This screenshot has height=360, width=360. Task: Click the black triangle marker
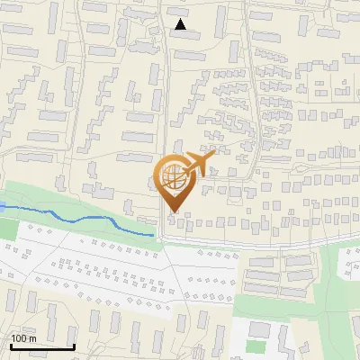point(181,24)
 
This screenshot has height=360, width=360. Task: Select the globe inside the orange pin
point(171,177)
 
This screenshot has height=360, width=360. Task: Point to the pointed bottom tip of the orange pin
point(171,211)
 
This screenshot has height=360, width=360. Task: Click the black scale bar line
point(42,346)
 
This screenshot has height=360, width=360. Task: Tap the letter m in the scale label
point(32,338)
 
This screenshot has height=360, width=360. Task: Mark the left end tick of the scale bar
point(11,345)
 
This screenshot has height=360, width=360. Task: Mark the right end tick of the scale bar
point(74,345)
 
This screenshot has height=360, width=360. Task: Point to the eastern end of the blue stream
point(155,235)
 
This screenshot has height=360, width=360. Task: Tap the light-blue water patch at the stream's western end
point(3,206)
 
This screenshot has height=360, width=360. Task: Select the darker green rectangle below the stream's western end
point(7,229)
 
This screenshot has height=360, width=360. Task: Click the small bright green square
point(256,346)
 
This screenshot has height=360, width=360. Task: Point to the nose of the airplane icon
point(214,156)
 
